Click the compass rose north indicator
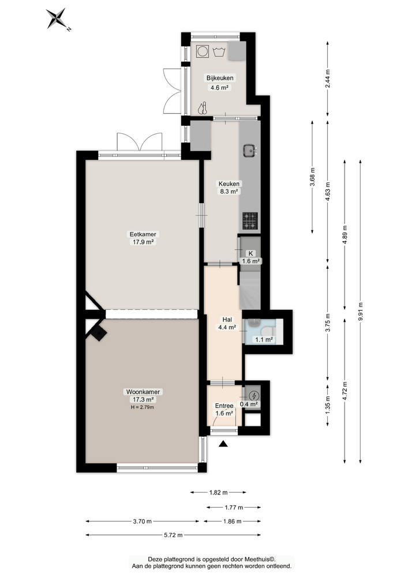click(x=58, y=19)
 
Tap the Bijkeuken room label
click(x=220, y=78)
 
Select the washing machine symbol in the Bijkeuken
click(x=202, y=51)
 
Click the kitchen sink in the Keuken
click(x=250, y=150)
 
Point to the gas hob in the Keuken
click(x=250, y=221)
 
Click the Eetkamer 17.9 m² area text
click(x=143, y=242)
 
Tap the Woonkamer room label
click(x=143, y=392)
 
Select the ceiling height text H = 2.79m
click(x=143, y=407)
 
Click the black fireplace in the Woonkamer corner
click(x=99, y=334)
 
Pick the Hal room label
click(x=227, y=320)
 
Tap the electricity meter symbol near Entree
click(x=253, y=396)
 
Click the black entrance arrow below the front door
click(x=223, y=444)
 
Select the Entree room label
click(x=224, y=406)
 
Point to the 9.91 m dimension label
click(x=361, y=312)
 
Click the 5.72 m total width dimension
click(x=173, y=535)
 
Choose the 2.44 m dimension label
click(x=328, y=78)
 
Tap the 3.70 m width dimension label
click(x=143, y=521)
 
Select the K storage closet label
click(x=251, y=253)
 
